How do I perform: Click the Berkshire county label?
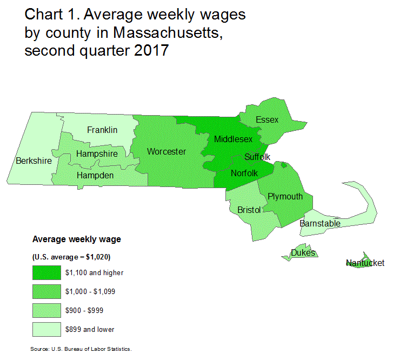(34, 161)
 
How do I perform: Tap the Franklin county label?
(102, 130)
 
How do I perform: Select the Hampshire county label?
(97, 154)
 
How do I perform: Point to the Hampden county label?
(95, 176)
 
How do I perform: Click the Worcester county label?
(166, 152)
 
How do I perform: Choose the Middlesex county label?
(233, 139)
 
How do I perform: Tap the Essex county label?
(267, 119)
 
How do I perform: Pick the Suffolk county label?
(257, 157)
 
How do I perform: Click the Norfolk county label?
(244, 173)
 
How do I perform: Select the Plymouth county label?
(285, 196)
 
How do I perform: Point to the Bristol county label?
(249, 210)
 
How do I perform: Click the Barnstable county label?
(320, 223)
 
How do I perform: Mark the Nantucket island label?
(365, 263)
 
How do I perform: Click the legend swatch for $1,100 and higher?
(46, 272)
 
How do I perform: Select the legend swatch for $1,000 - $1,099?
(46, 291)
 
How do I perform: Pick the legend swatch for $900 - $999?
(46, 310)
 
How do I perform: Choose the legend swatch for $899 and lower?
(46, 329)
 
